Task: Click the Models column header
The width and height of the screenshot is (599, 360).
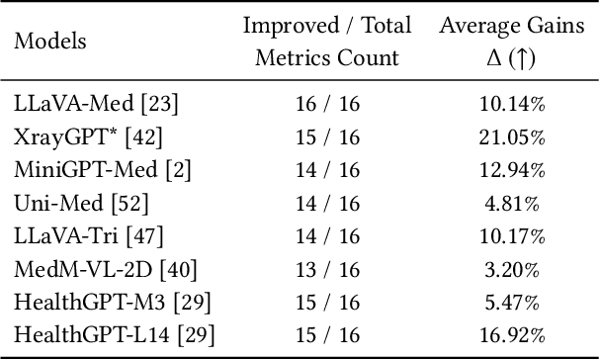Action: click(x=50, y=42)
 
